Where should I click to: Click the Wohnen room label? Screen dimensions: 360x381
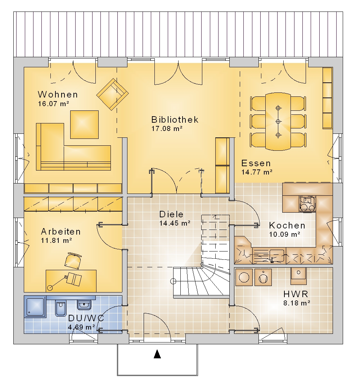58,94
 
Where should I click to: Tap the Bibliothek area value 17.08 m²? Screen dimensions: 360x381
167,128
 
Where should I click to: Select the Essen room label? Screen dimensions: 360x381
256,163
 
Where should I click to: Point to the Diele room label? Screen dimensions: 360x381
171,214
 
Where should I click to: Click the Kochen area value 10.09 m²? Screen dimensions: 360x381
285,235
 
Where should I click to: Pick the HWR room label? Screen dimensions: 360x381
296,294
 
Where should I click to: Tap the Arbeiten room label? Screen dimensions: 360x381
61,232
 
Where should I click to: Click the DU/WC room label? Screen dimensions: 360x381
86,318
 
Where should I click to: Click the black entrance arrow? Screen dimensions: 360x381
158,354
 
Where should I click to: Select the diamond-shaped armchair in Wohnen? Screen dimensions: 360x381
113,94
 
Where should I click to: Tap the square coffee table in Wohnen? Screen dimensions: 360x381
84,124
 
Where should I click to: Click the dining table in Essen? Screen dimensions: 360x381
278,122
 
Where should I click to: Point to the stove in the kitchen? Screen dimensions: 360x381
307,204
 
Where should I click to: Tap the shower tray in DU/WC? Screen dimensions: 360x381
35,307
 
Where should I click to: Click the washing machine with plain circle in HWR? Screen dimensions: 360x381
244,277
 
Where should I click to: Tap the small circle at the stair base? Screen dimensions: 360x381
173,281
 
